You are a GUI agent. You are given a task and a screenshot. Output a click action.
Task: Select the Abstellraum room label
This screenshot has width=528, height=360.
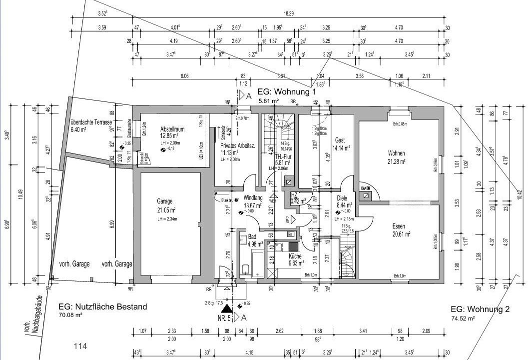(172, 129)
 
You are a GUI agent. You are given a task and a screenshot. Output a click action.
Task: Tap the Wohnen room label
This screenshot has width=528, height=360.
(396, 153)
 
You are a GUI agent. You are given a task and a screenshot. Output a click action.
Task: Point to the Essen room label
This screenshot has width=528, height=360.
(401, 226)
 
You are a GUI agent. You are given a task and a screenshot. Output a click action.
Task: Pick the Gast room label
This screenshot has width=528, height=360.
(340, 140)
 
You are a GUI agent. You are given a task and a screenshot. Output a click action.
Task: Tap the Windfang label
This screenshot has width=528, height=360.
(253, 197)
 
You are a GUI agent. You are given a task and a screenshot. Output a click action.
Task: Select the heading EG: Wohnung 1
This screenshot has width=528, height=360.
(287, 92)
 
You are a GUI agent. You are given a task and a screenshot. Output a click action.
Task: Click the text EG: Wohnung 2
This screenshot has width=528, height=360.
(480, 309)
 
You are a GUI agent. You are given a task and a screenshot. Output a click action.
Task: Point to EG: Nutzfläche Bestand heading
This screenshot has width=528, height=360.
(103, 306)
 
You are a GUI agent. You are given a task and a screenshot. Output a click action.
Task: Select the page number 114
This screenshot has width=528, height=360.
(80, 346)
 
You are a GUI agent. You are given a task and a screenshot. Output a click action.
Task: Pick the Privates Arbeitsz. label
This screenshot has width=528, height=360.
(238, 145)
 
